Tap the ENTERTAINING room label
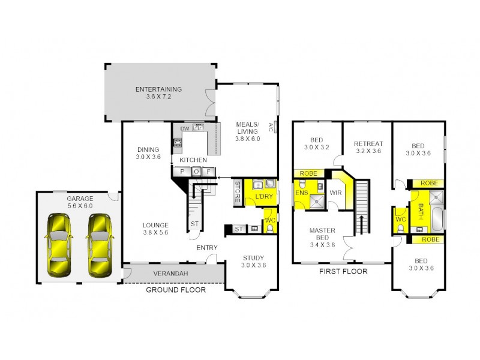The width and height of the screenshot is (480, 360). pyautogui.click(x=158, y=90)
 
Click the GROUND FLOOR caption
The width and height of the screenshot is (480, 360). pyautogui.click(x=176, y=290)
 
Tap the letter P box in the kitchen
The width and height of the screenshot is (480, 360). pyautogui.click(x=181, y=172)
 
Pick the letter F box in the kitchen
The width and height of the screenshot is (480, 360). pyautogui.click(x=209, y=172)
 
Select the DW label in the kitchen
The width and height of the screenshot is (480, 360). pyautogui.click(x=185, y=128)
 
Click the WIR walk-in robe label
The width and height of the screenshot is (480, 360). pyautogui.click(x=335, y=193)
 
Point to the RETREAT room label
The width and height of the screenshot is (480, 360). pyautogui.click(x=368, y=143)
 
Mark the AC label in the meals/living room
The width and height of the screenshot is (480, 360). pyautogui.click(x=271, y=126)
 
